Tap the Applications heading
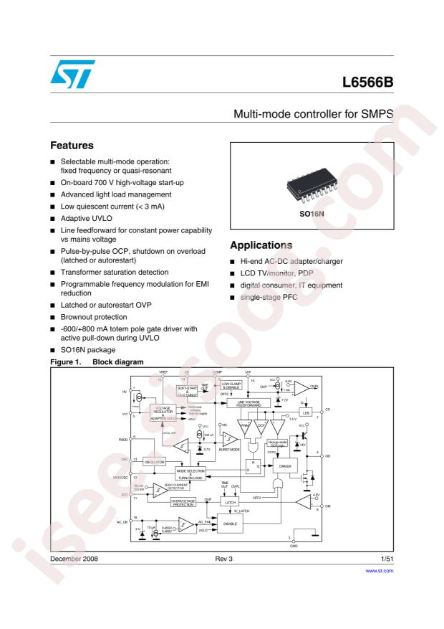[x=263, y=245]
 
